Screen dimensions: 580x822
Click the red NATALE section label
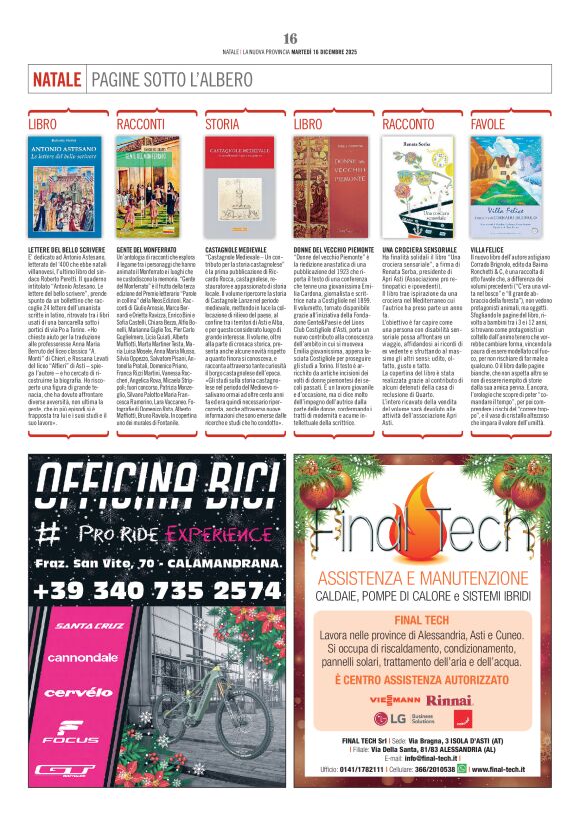(x=56, y=78)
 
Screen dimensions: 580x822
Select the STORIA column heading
(x=222, y=123)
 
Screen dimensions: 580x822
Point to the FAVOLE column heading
(x=488, y=123)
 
